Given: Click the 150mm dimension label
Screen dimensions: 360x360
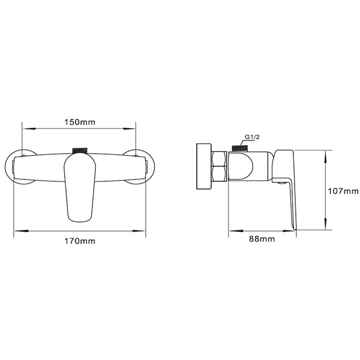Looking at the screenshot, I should (80, 122).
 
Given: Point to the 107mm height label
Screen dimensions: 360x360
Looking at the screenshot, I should (343, 191).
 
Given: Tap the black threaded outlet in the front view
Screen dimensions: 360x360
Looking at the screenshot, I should (80, 149).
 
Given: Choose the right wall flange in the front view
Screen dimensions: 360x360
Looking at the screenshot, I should (143, 167).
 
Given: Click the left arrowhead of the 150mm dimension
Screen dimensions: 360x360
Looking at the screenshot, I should (25, 128).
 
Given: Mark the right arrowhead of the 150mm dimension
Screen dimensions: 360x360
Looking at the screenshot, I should (134, 128).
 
